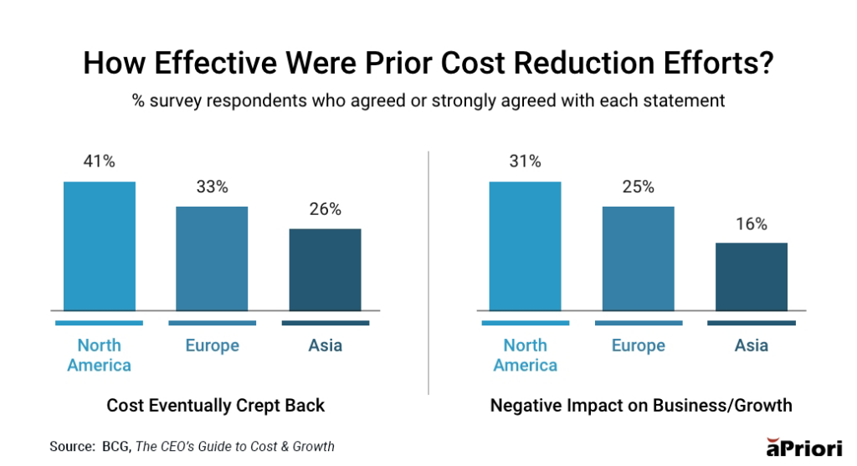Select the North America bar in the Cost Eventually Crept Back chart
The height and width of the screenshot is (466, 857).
click(x=99, y=246)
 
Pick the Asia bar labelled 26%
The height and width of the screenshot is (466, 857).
click(x=325, y=269)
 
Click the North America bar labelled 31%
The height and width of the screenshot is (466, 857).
click(x=525, y=246)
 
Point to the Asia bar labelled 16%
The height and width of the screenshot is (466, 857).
click(x=751, y=276)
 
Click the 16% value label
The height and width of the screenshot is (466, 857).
click(x=751, y=223)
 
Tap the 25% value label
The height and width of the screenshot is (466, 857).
click(x=638, y=187)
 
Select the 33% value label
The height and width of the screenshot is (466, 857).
click(x=212, y=187)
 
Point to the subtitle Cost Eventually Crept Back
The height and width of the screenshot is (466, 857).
click(x=215, y=406)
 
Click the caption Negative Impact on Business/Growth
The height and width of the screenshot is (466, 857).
click(x=640, y=406)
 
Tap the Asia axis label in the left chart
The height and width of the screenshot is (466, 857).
click(x=325, y=346)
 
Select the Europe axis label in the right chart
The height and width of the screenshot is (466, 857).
click(x=638, y=346)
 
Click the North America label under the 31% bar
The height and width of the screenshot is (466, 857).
click(x=525, y=355)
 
